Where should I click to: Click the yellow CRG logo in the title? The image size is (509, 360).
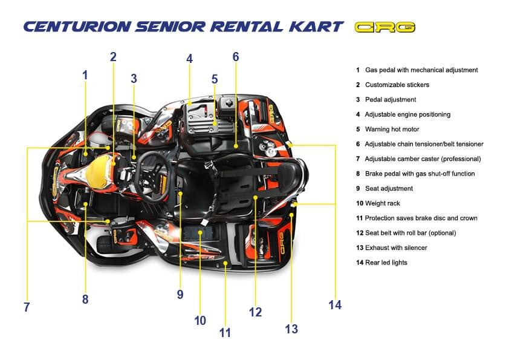[x=385, y=27]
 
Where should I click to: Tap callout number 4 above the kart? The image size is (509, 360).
[x=189, y=59]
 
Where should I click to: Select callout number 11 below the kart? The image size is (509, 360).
[x=225, y=332]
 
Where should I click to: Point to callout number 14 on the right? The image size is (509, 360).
[x=335, y=304]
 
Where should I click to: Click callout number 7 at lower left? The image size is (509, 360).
[x=27, y=307]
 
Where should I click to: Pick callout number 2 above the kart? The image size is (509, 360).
[x=113, y=57]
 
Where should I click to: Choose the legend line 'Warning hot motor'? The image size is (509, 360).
[x=392, y=129]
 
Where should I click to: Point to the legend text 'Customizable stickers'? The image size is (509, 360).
[x=397, y=85]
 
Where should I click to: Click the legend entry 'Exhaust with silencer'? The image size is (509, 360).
[x=395, y=247]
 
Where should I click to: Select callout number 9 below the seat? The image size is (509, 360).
[x=180, y=294]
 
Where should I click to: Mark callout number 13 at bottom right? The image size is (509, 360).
[x=291, y=329]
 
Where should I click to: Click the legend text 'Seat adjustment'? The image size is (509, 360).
[x=389, y=188]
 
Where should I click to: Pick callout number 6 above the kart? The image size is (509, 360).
[x=236, y=57]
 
